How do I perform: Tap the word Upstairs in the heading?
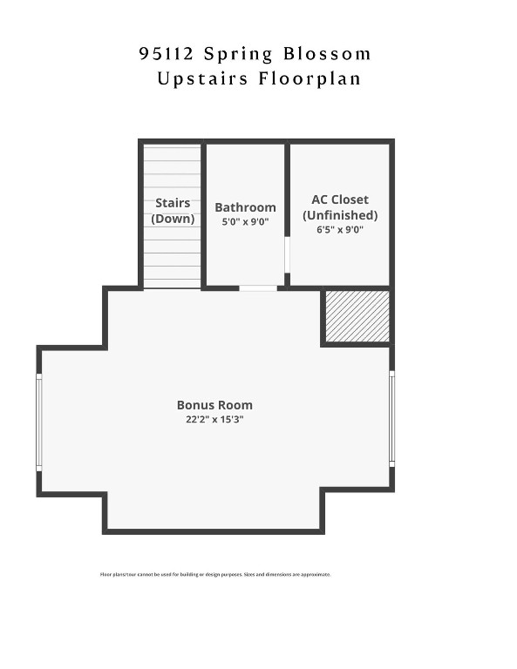201,78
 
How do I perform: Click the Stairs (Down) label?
173,211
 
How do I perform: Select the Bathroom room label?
245,207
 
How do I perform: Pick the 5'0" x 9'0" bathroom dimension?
245,222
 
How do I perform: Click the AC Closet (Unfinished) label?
340,207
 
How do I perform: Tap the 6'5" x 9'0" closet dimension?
340,230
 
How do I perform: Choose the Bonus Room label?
214,405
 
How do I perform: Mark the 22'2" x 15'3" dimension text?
214,419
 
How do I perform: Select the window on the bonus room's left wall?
38,422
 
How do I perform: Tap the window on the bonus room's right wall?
391,418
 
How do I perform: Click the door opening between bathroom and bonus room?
258,287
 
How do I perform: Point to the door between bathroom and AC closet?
288,254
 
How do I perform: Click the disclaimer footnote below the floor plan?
215,574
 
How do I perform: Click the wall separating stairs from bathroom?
204,213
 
